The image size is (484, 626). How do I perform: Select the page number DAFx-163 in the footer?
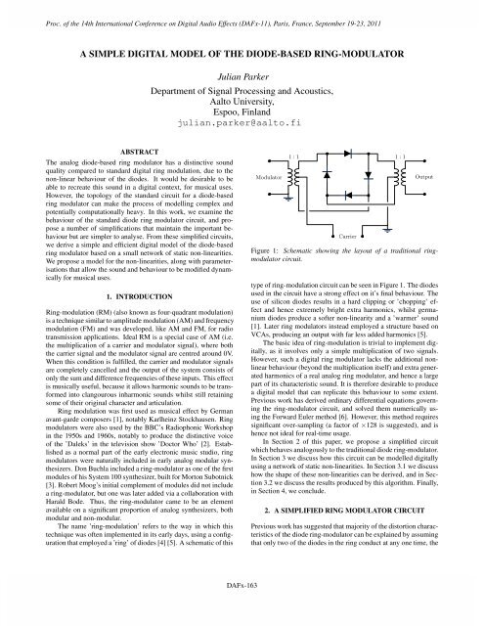[241, 613]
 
